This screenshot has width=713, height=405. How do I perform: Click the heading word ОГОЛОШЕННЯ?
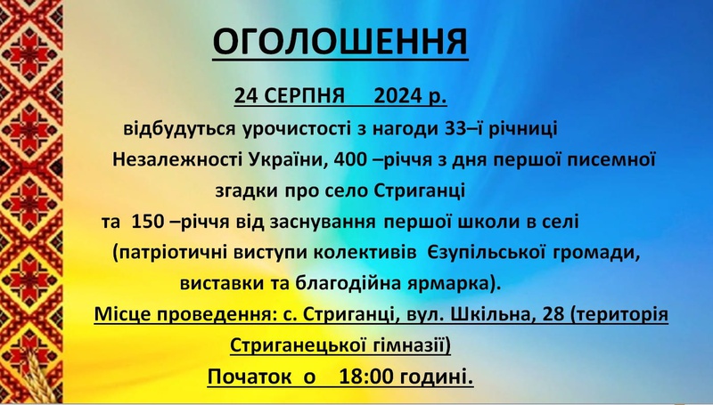340,42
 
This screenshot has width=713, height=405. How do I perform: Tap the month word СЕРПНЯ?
305,96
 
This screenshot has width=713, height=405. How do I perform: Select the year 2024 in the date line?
397,96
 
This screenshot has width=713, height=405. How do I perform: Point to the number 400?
350,159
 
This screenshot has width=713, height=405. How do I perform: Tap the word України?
289,159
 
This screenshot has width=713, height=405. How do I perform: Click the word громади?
597,254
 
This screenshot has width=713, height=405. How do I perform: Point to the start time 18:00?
365,377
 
